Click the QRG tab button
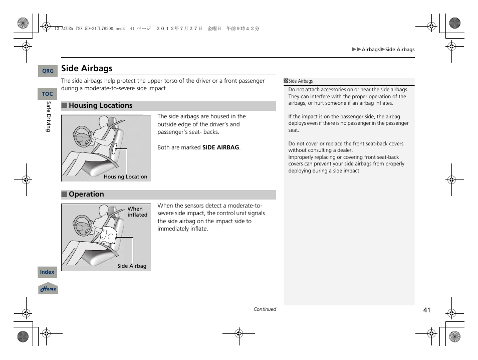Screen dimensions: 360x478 pos(48,71)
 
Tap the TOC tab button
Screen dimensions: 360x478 pos(48,94)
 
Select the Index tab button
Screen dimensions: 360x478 pos(47,272)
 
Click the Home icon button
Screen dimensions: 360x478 pos(48,289)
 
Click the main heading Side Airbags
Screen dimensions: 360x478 pos(87,68)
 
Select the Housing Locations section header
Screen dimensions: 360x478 pos(100,106)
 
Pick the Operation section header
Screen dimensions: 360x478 pos(86,195)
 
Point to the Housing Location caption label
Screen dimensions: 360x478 pos(125,177)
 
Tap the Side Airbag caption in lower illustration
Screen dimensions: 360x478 pos(132,266)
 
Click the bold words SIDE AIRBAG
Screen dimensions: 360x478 pos(220,148)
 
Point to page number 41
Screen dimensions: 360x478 pos(426,310)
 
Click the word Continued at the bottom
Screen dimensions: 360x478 pos(265,309)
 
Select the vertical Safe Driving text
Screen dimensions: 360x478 pos(49,117)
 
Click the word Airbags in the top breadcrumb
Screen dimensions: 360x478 pos(371,50)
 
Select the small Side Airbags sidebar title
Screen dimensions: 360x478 pos(300,81)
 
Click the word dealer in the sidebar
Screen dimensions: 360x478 pos(345,150)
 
